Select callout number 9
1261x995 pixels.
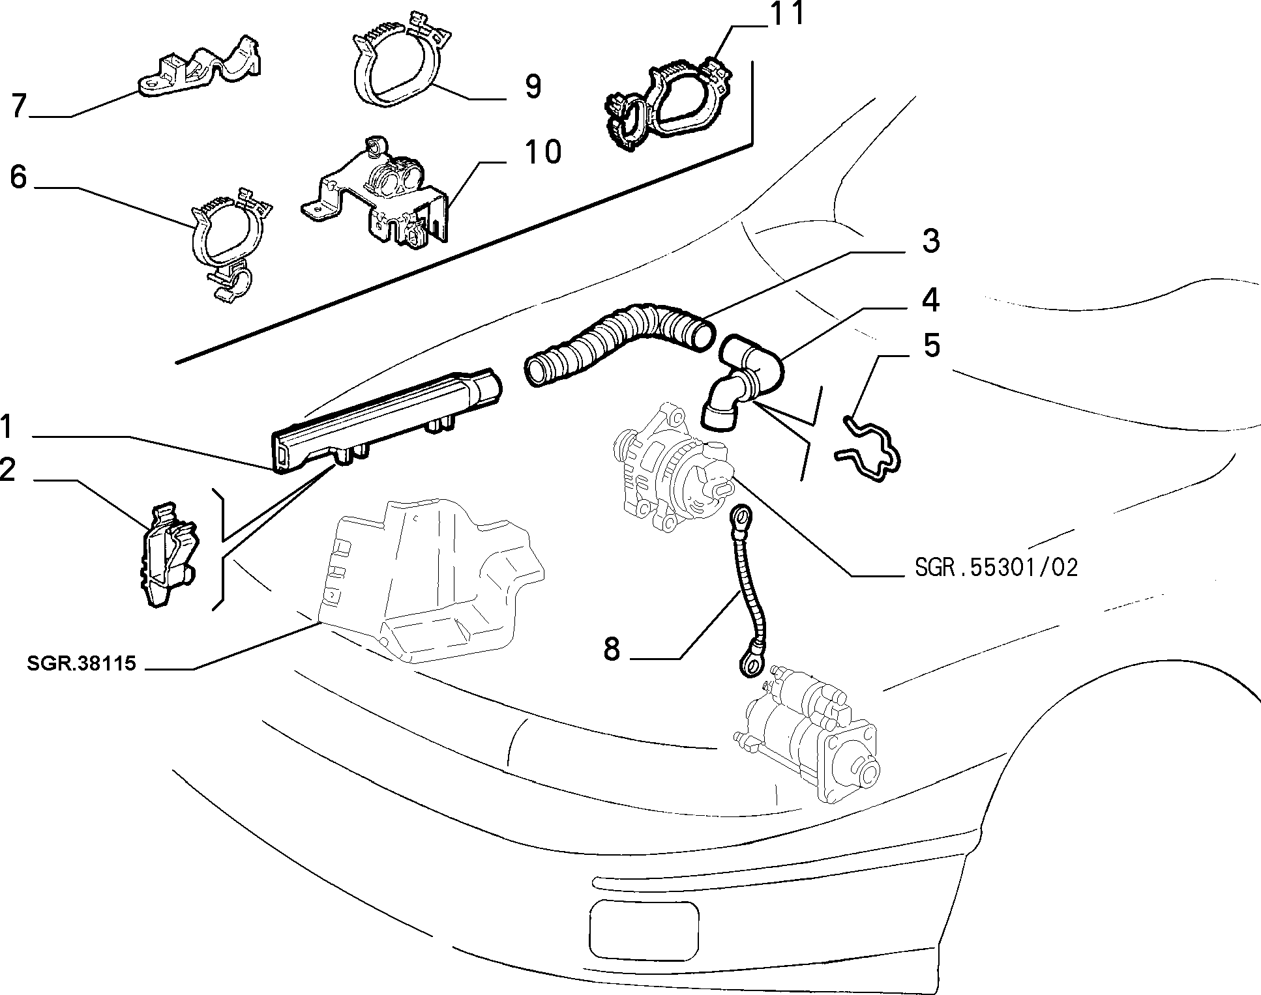click(x=533, y=86)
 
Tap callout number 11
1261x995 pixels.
click(x=786, y=14)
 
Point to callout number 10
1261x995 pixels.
click(x=542, y=152)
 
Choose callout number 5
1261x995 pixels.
click(x=932, y=345)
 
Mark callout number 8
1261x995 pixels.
click(x=612, y=649)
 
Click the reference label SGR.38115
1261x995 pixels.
click(x=82, y=663)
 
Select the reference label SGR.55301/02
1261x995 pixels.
click(x=996, y=568)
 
